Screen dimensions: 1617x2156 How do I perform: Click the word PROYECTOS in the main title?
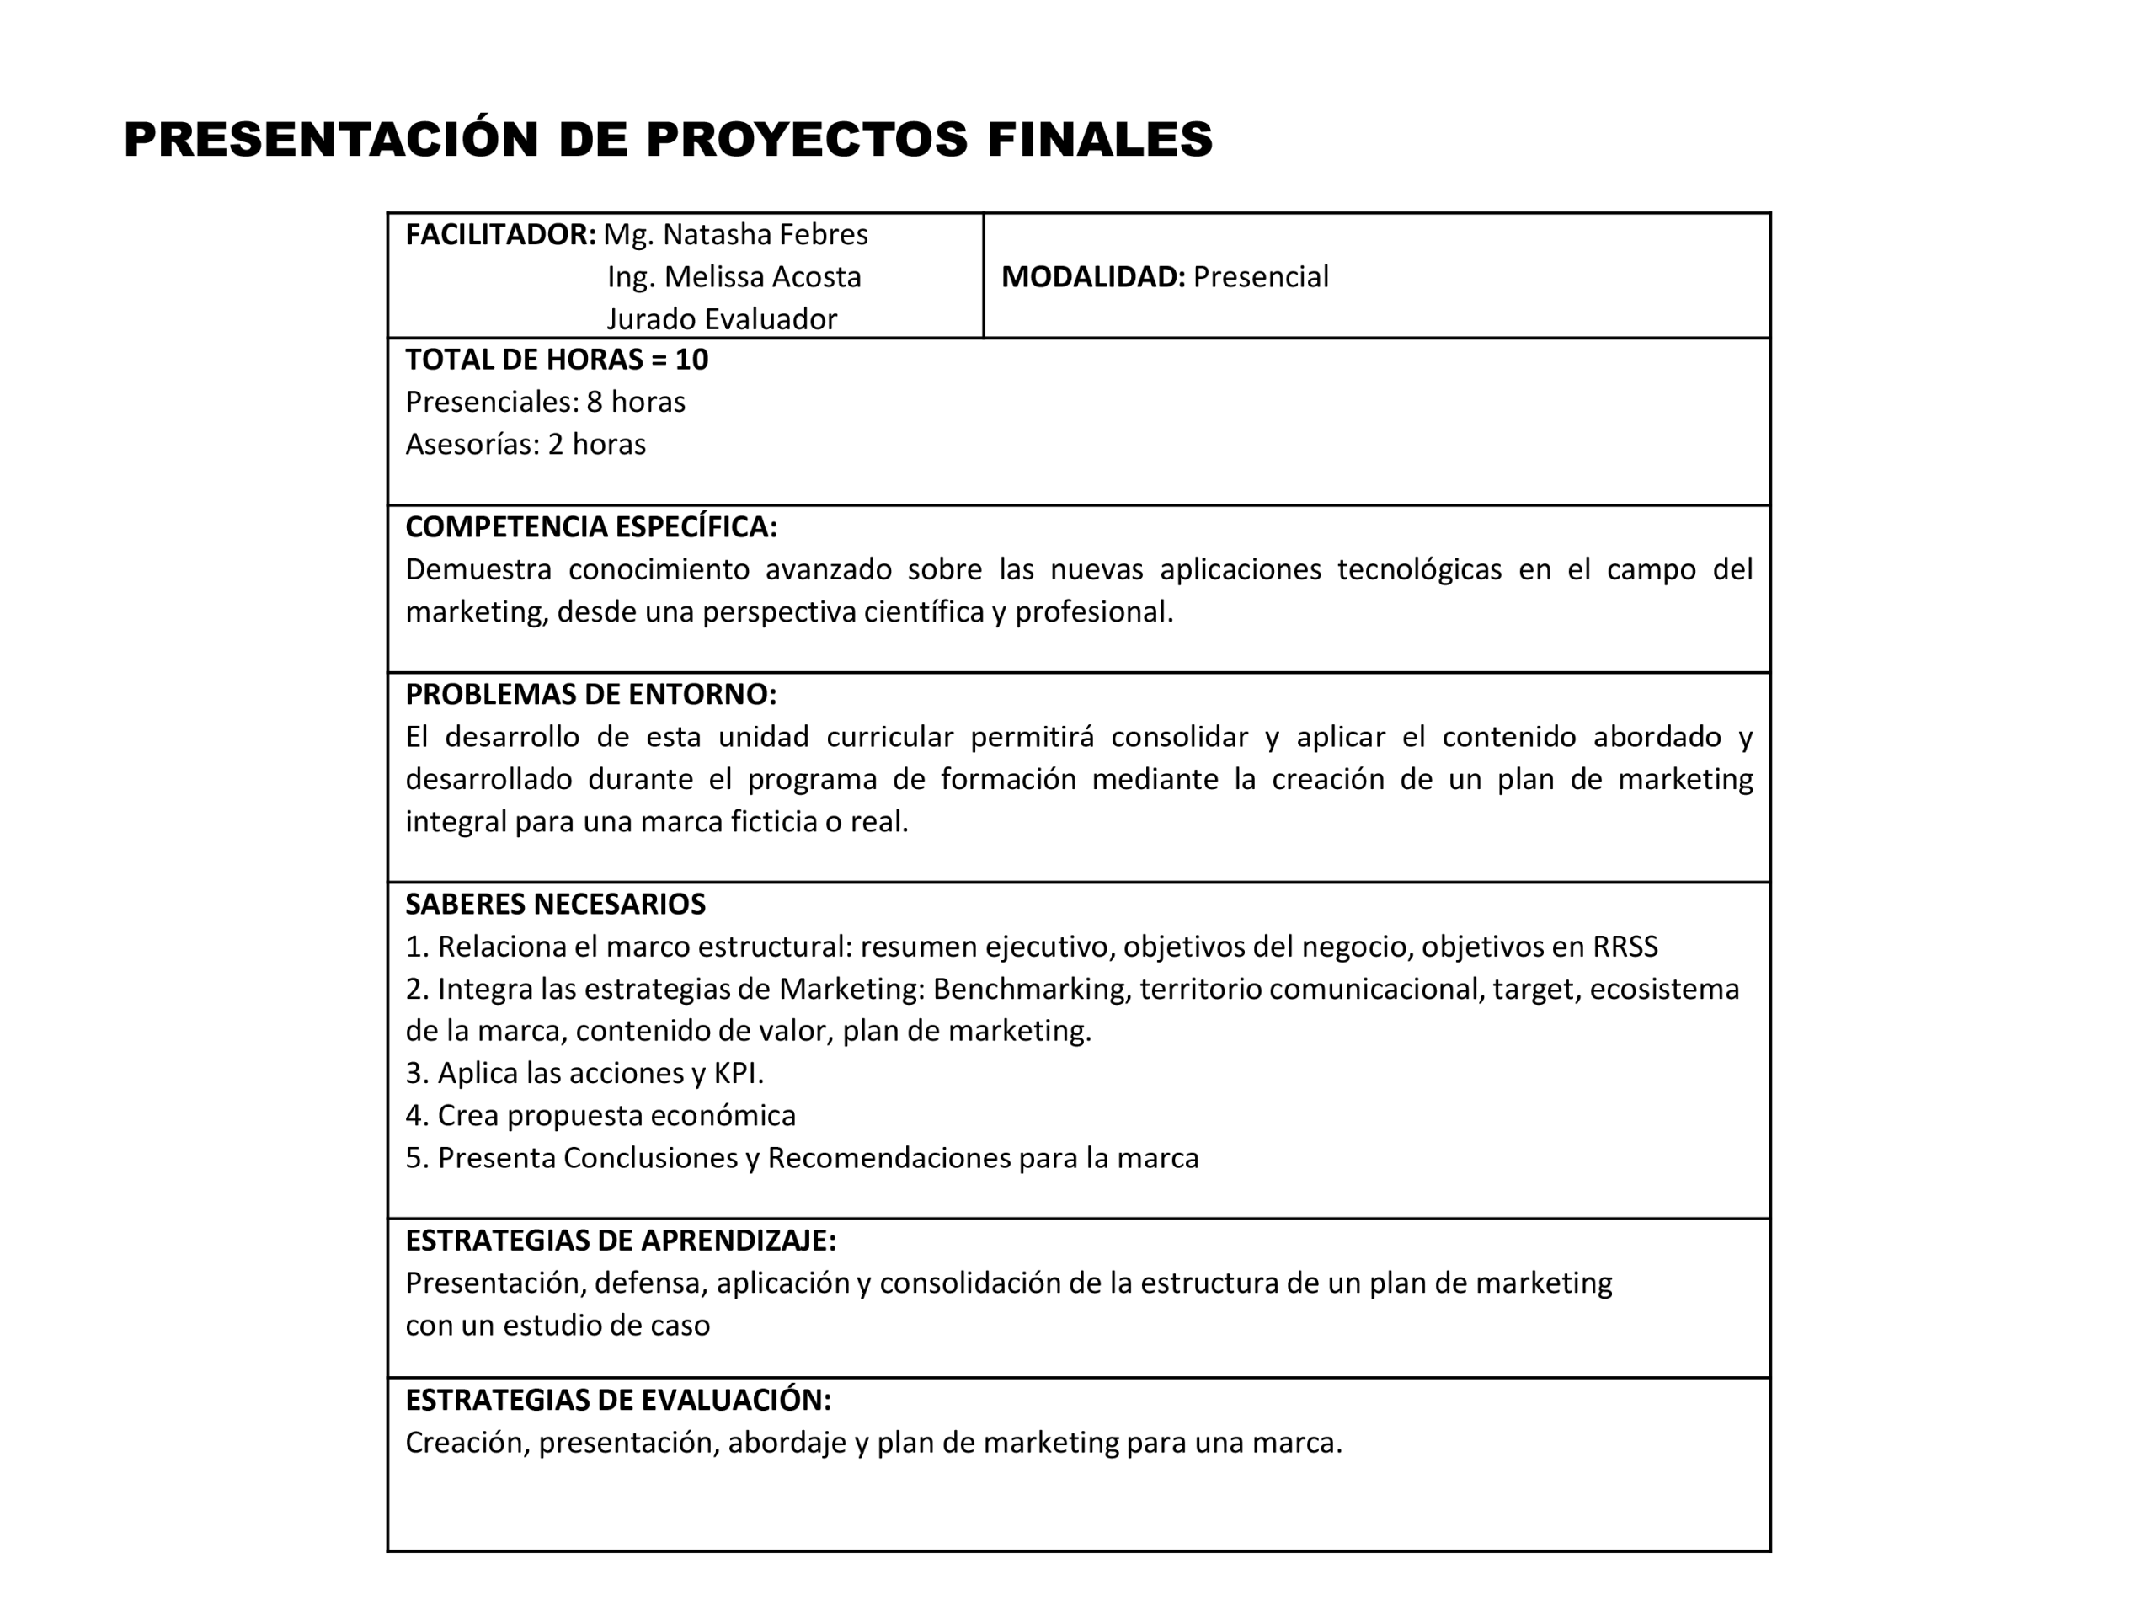point(806,138)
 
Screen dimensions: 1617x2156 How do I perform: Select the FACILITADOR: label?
point(500,235)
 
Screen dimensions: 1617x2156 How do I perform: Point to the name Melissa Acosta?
point(763,278)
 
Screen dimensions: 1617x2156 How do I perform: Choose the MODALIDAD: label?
point(1092,278)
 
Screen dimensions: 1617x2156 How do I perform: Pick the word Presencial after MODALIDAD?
point(1260,278)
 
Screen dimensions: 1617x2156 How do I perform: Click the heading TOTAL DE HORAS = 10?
point(557,360)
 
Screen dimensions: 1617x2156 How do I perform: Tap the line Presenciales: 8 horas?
point(545,403)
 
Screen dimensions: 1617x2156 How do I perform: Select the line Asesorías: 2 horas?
point(526,445)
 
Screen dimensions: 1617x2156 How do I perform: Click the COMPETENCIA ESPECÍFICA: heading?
point(590,527)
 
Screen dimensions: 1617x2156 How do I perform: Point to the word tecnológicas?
point(1419,569)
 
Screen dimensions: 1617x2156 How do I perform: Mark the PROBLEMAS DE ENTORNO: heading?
point(590,695)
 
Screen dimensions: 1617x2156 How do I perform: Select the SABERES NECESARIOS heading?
point(555,905)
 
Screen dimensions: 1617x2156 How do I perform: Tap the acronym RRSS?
point(1625,947)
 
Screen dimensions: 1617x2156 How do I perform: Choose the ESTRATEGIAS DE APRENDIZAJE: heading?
point(620,1241)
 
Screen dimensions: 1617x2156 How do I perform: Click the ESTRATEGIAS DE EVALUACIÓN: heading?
point(618,1401)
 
